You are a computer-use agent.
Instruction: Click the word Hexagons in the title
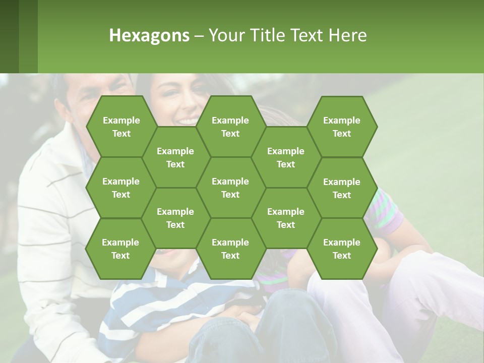tap(149, 36)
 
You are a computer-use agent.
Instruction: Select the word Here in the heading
tap(347, 36)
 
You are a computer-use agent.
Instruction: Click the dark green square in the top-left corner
tap(10, 36)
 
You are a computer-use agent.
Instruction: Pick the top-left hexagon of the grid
tap(121, 127)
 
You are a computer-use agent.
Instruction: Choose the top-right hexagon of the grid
tap(342, 127)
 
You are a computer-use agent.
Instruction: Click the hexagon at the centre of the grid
tap(230, 188)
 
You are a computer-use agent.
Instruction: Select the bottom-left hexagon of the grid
tap(120, 249)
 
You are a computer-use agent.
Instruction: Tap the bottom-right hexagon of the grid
tap(342, 249)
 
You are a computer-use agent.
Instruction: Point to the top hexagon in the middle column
tap(230, 127)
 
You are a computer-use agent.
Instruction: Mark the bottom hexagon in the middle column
tap(230, 249)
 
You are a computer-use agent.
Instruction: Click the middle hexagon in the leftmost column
tap(121, 188)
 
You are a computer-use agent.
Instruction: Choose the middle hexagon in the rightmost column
tap(342, 188)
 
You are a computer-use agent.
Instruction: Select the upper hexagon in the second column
tap(175, 157)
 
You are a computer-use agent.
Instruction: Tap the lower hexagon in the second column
tap(175, 218)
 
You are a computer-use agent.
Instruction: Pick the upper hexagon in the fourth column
tap(286, 157)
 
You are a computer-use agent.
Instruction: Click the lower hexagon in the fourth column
tap(286, 218)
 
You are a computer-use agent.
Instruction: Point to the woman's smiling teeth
tap(187, 122)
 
